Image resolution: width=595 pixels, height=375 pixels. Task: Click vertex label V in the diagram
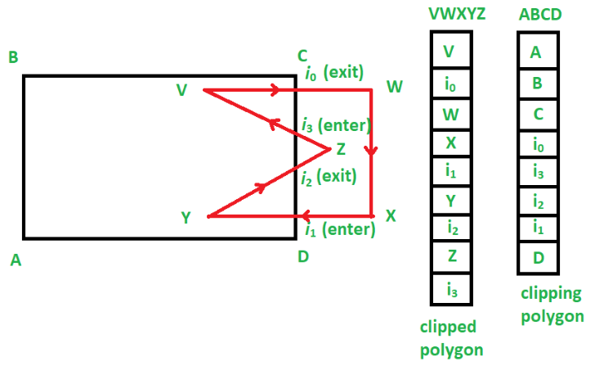point(181,89)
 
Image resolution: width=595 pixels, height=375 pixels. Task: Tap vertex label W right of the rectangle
point(395,87)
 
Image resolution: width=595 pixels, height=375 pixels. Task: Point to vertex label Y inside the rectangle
point(186,217)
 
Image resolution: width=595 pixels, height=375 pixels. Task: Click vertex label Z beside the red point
point(341,149)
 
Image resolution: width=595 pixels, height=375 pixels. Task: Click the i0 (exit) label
point(333,74)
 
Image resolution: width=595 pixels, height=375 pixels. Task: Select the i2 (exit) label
point(330,176)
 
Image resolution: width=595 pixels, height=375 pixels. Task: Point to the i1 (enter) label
point(338,230)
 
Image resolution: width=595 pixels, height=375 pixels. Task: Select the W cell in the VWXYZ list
point(450,115)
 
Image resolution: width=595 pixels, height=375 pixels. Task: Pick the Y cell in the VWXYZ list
point(450,201)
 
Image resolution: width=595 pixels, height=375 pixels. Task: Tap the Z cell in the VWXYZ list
point(450,257)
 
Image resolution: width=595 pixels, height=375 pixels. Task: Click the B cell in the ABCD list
point(537,83)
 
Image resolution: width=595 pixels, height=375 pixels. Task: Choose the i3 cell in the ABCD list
point(537,172)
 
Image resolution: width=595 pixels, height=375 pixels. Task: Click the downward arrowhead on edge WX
point(373,151)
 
